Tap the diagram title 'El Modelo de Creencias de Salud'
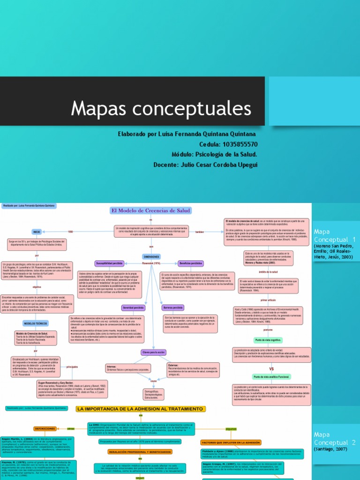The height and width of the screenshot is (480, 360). (150, 210)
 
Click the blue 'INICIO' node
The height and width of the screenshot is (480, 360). (37, 232)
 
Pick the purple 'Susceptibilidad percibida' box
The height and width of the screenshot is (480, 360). (110, 263)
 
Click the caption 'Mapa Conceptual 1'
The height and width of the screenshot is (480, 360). (335, 235)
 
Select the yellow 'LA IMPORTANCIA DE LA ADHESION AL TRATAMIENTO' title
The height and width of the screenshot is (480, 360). (140, 409)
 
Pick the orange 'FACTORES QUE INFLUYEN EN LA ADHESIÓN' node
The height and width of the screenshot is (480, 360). (231, 442)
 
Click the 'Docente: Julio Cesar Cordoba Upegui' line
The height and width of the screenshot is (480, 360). (205, 165)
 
